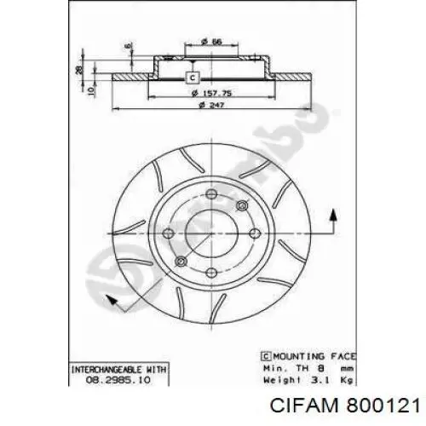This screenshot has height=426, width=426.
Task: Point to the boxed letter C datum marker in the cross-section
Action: coord(193,78)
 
